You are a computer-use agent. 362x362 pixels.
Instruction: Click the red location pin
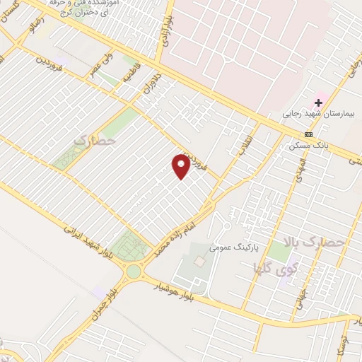[181, 165]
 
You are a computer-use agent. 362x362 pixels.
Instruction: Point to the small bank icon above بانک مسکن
[308, 134]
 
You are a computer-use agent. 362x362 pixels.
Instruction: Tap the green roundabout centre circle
[134, 271]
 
